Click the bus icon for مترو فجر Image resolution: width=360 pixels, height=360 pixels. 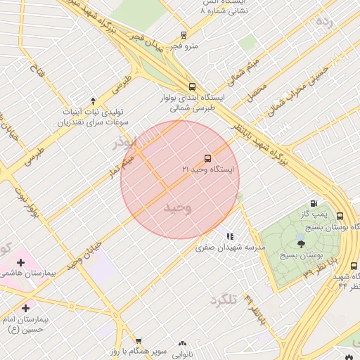coord(184,34)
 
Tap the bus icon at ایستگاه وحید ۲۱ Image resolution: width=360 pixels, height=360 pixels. coord(207,157)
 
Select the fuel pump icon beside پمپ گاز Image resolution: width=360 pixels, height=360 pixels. coord(314,202)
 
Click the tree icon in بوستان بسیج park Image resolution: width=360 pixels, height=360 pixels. coord(302,244)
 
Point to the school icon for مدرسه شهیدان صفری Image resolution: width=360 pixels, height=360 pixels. coord(230,237)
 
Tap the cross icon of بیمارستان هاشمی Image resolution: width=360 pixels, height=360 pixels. coord(20,263)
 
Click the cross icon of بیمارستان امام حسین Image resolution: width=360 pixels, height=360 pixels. coord(26,308)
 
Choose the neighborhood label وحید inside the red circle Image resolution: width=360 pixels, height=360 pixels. coord(178,208)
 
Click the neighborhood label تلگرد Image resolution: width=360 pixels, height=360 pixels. coord(225,300)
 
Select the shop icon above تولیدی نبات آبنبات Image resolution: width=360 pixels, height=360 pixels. coord(93,101)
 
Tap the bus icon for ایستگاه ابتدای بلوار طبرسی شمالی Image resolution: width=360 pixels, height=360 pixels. coord(193,86)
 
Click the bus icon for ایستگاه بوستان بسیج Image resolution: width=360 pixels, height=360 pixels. coord(340,216)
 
